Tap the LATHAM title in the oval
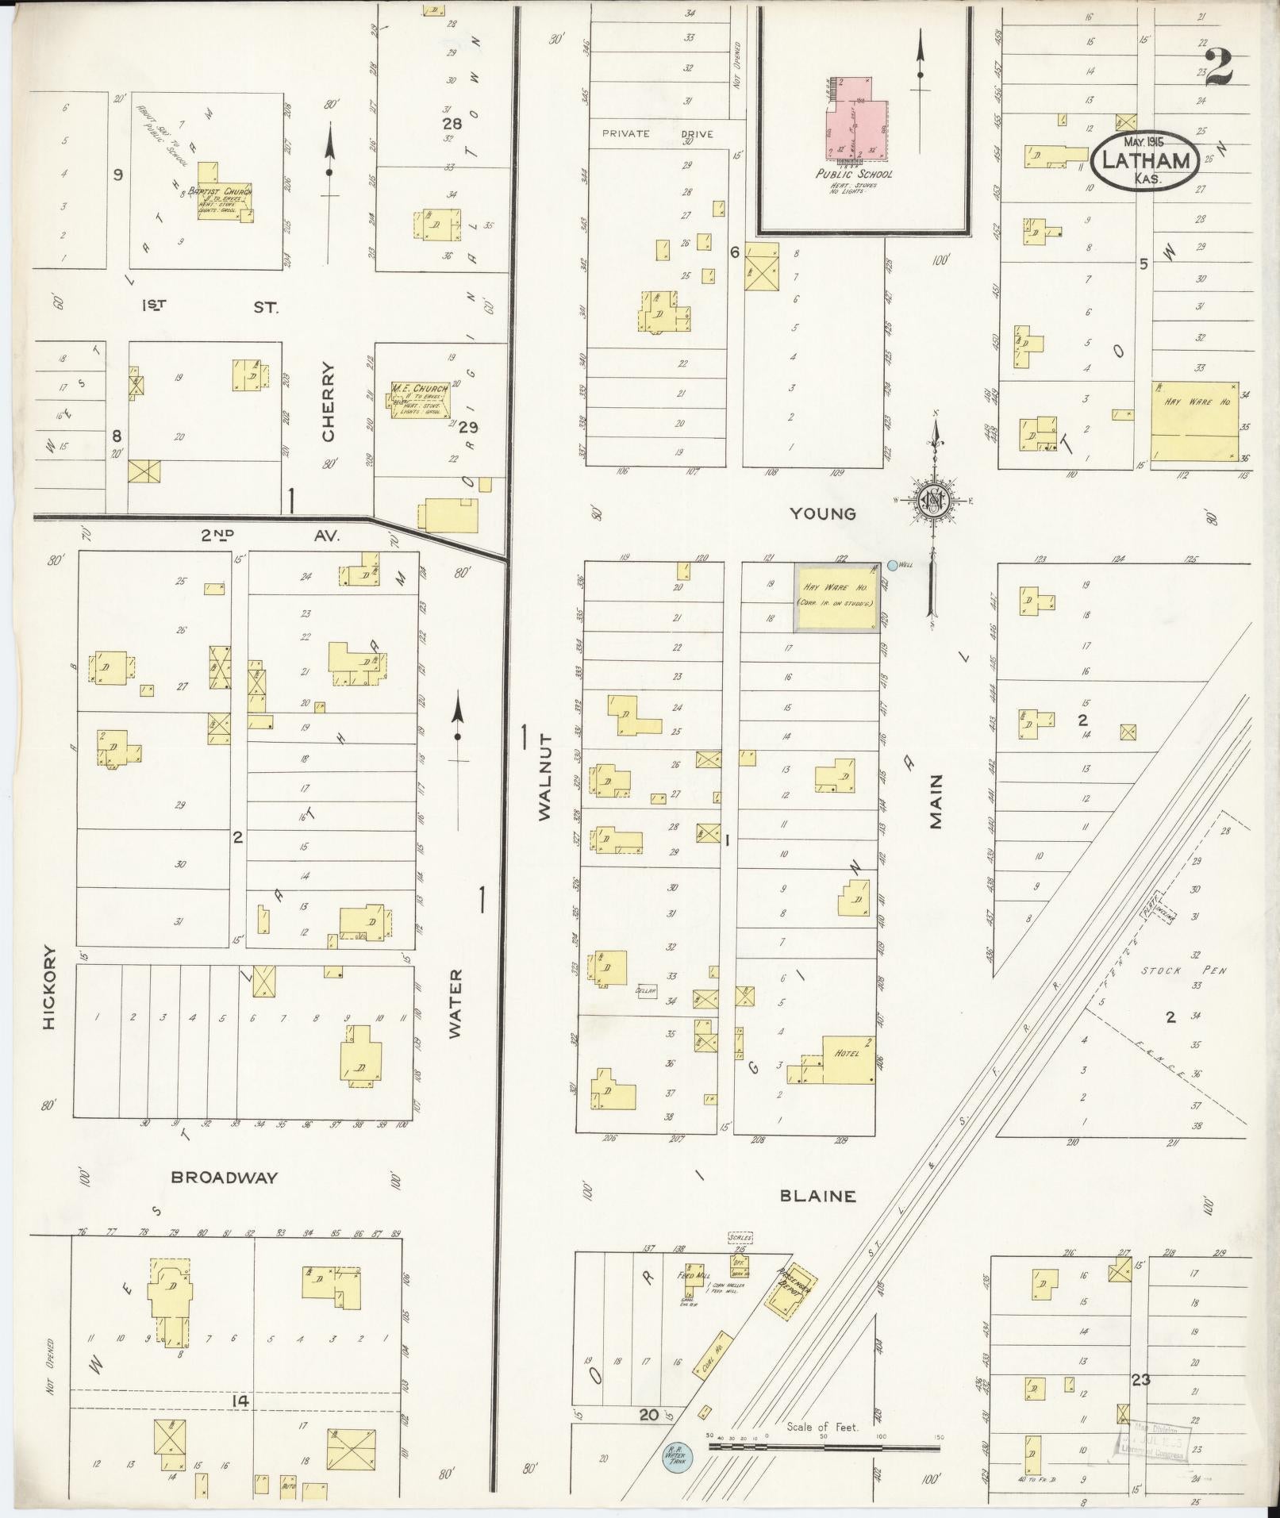(x=1142, y=161)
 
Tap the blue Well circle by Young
(x=893, y=565)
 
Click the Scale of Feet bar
(x=823, y=1447)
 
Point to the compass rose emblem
(x=936, y=500)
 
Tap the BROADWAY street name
(x=225, y=1178)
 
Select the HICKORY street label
(x=51, y=986)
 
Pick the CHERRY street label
(x=329, y=402)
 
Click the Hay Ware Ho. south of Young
(x=836, y=598)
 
